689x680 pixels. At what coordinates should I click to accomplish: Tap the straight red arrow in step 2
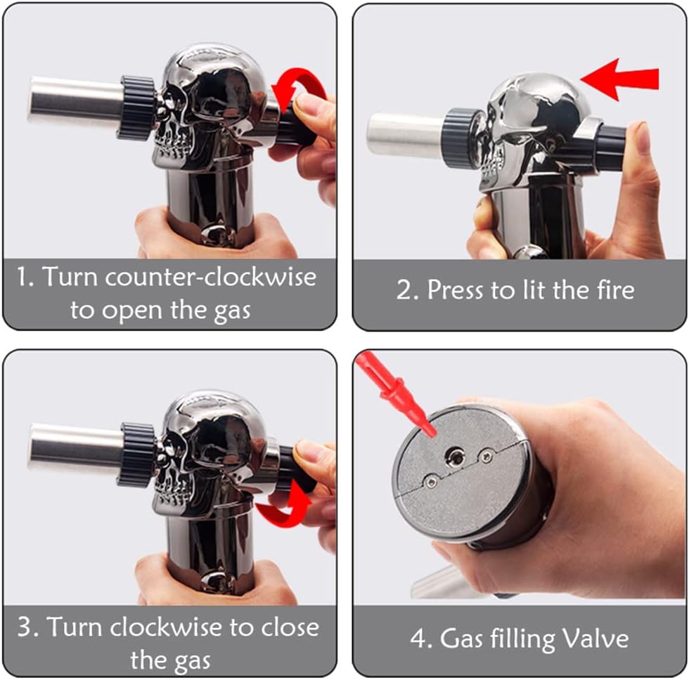tap(619, 79)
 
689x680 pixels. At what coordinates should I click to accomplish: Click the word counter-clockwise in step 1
tap(210, 277)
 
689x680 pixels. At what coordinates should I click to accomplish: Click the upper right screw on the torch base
tap(487, 456)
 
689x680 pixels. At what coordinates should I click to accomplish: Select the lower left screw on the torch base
tap(432, 482)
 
